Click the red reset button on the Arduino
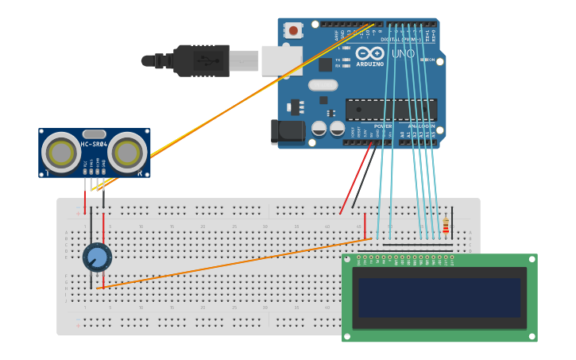click(x=294, y=31)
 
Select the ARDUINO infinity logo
click(x=370, y=53)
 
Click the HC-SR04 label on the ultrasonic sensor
click(x=94, y=145)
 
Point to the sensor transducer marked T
click(x=60, y=151)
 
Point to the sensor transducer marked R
click(x=127, y=151)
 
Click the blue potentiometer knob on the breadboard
click(x=97, y=257)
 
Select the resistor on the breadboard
click(x=445, y=227)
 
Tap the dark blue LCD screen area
click(x=439, y=296)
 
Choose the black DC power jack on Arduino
click(x=287, y=132)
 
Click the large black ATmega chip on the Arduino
click(x=391, y=109)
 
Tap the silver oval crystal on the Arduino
click(x=323, y=85)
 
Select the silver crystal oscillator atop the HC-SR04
click(x=94, y=134)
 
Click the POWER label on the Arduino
click(x=382, y=126)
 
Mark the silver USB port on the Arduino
click(x=282, y=60)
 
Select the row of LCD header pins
click(x=405, y=257)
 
